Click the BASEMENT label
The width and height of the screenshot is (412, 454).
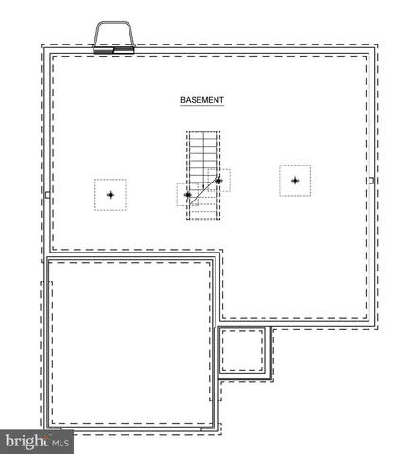point(202,98)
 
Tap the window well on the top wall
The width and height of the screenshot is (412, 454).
point(115,36)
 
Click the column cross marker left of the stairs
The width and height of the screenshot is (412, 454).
point(111,194)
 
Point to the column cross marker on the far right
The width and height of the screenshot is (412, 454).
point(295,180)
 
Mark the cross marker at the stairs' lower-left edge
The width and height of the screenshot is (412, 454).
point(187,195)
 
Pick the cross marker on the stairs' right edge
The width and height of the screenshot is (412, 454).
point(219,180)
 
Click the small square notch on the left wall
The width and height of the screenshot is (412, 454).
point(47,195)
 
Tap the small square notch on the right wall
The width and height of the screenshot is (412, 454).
point(371,180)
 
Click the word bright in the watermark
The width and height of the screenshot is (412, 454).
point(26,441)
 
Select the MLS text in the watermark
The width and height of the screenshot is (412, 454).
point(60,442)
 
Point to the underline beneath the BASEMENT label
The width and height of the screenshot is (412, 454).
point(202,105)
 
